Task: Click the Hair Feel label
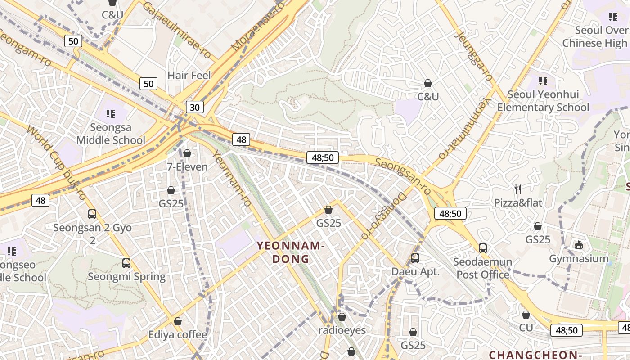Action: (189, 75)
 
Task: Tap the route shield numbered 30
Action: (194, 107)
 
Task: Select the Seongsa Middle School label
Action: (111, 134)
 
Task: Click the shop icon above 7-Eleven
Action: (187, 154)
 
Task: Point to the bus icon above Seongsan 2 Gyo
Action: (92, 214)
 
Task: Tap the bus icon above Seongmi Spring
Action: (126, 263)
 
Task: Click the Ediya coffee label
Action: (178, 335)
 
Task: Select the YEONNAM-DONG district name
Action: (291, 252)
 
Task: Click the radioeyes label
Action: (342, 330)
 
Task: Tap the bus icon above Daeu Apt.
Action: (415, 258)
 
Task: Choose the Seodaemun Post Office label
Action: (482, 268)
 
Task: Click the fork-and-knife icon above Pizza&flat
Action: (518, 189)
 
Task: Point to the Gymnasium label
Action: (579, 259)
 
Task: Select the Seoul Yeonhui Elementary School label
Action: (543, 101)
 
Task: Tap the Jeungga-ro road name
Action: (473, 55)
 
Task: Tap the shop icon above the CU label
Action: (526, 315)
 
